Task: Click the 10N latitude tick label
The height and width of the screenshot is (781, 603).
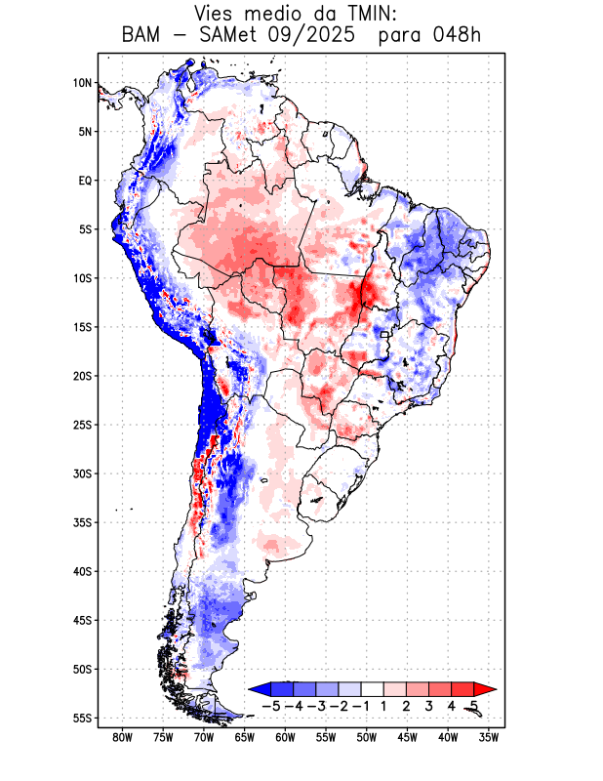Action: (x=82, y=83)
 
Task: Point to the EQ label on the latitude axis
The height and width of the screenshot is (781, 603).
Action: (x=84, y=181)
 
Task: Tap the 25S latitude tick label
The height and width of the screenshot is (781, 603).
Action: (x=82, y=425)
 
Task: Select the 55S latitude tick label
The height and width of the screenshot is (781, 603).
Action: (x=82, y=718)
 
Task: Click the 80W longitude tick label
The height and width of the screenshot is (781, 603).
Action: (x=122, y=738)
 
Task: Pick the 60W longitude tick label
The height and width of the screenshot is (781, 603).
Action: (x=286, y=738)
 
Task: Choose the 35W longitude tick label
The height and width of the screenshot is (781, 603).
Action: (x=490, y=738)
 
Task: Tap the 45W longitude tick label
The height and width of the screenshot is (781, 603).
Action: (x=408, y=738)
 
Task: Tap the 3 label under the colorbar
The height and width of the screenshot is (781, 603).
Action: (x=429, y=705)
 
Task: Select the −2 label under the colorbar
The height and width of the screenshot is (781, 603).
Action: (x=340, y=705)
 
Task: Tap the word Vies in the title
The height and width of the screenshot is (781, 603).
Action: (x=216, y=14)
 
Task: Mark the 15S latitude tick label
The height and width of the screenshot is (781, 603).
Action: (x=82, y=327)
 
